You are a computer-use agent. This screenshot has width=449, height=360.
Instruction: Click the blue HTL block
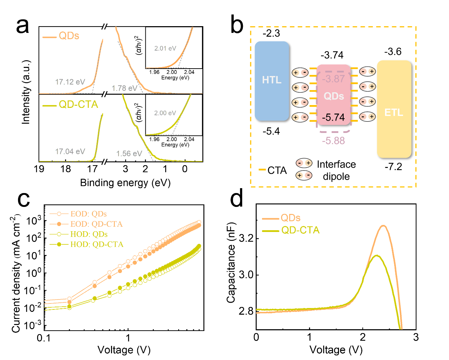pos(272,81)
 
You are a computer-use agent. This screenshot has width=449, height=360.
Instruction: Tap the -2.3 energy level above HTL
pos(271,34)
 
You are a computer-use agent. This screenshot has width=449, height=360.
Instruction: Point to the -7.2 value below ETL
pos(393,167)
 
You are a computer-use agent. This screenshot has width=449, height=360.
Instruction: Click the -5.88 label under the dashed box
pos(333,141)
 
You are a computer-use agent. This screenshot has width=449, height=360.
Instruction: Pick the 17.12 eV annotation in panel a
pos(70,82)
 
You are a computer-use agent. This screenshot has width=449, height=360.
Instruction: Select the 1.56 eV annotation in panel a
pos(129,154)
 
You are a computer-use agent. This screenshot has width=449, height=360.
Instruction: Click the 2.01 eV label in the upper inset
pos(165,48)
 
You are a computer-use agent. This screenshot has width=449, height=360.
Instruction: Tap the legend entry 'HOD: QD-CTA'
pos(97,244)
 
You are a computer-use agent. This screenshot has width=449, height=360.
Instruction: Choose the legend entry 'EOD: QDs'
pos(88,214)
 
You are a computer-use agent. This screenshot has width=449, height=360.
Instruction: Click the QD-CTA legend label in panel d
pos(300,231)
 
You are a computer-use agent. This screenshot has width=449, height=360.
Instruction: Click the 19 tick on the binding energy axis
pos(39,169)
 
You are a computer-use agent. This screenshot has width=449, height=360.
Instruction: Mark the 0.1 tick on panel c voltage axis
pos(43,338)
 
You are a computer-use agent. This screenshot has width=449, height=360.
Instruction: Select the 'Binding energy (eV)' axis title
pos(125,183)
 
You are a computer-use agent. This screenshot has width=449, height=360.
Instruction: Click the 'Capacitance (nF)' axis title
pos(231,262)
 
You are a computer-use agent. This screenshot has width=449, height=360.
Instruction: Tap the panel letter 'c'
pos(24,199)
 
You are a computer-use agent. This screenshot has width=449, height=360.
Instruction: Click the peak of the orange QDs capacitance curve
pos(383,226)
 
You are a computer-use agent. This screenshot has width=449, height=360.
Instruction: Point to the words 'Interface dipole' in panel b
pos(336,170)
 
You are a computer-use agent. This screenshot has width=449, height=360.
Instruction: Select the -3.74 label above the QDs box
pos(332,55)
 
